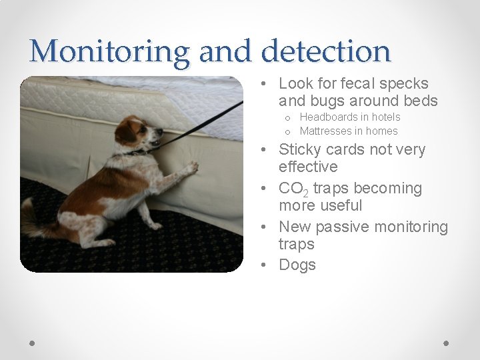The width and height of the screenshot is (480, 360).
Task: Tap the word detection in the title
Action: click(x=326, y=51)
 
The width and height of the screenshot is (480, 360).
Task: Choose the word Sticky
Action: click(x=301, y=149)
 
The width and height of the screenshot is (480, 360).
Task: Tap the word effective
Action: click(x=308, y=167)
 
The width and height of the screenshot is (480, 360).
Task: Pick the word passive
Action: click(x=343, y=227)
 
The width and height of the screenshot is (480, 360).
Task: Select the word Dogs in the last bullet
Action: click(x=297, y=265)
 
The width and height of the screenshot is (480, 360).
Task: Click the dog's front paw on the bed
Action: click(x=190, y=167)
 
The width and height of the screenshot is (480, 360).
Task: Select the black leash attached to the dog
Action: click(x=200, y=124)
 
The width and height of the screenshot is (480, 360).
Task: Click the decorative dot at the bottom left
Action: click(x=33, y=343)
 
